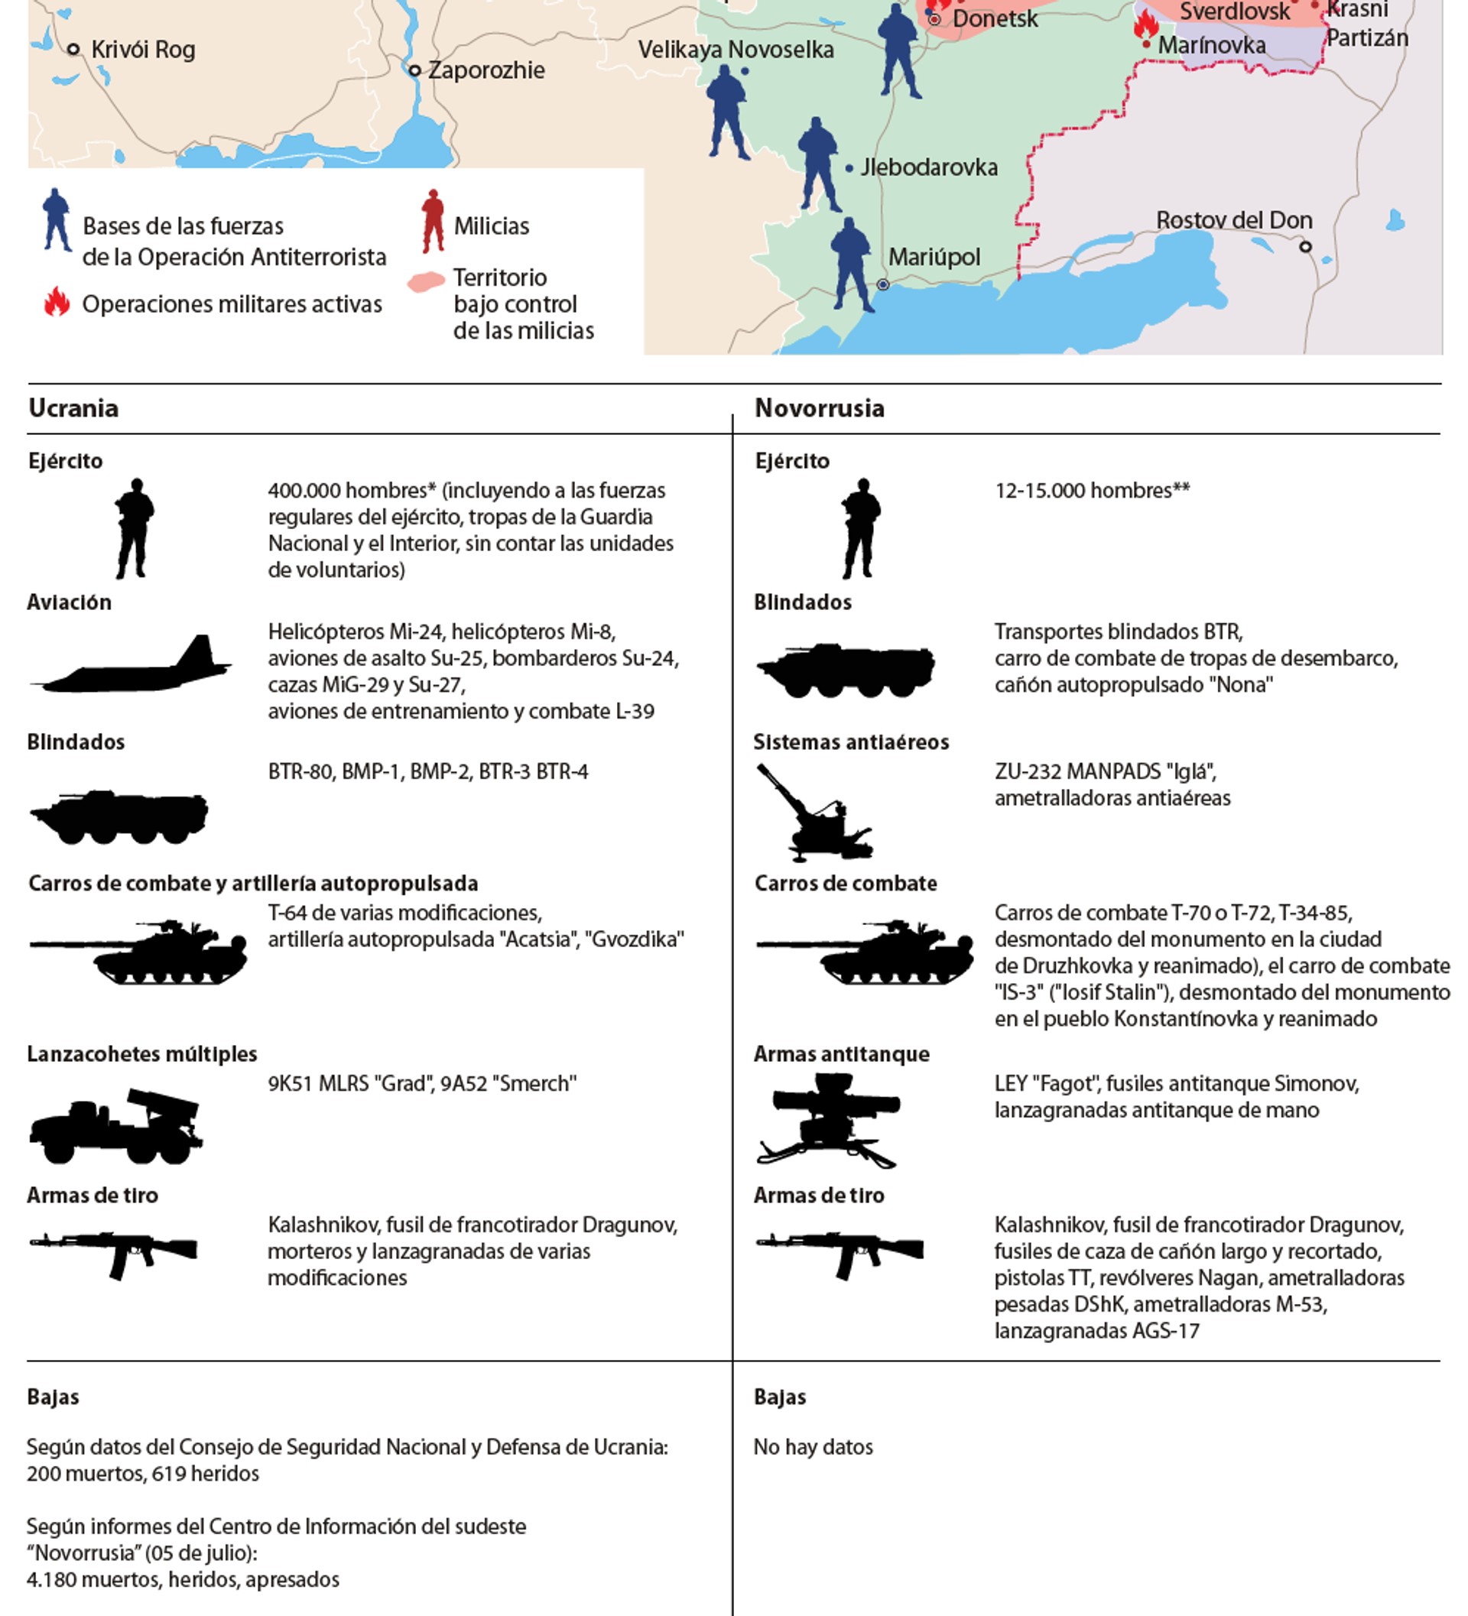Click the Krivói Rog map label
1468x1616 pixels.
pyautogui.click(x=143, y=50)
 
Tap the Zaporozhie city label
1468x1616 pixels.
pyautogui.click(x=486, y=70)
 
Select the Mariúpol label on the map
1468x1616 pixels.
pyautogui.click(x=934, y=258)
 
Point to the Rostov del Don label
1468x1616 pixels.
pyautogui.click(x=1233, y=220)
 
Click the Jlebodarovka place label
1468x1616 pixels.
pyautogui.click(x=928, y=167)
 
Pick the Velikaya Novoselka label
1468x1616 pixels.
pyautogui.click(x=736, y=50)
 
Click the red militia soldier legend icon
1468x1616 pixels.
pyautogui.click(x=433, y=220)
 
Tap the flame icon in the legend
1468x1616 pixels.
pyautogui.click(x=57, y=303)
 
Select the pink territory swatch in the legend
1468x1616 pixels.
pyautogui.click(x=426, y=282)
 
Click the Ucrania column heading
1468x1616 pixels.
pyautogui.click(x=73, y=409)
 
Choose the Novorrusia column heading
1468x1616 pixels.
pyautogui.click(x=820, y=409)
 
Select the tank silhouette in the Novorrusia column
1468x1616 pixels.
pyautogui.click(x=865, y=952)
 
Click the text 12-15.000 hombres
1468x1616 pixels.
pyautogui.click(x=1091, y=491)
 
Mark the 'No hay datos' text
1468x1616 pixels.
pyautogui.click(x=813, y=1447)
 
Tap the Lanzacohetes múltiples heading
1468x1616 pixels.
pyautogui.click(x=142, y=1054)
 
